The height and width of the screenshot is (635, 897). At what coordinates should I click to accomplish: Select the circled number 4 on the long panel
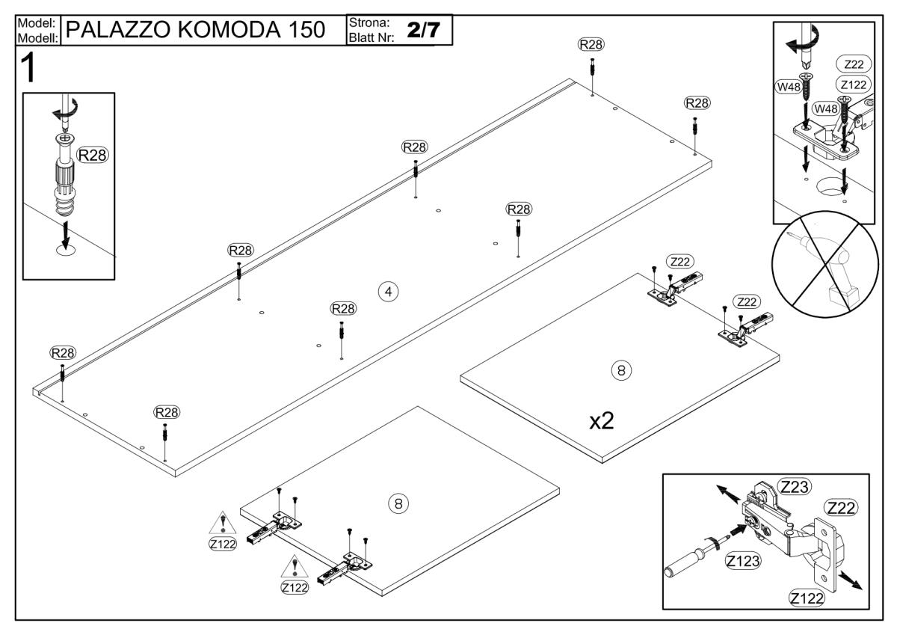387,291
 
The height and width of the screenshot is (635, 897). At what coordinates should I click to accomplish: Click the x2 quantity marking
602,421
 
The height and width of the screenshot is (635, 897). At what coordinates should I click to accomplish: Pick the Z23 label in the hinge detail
796,486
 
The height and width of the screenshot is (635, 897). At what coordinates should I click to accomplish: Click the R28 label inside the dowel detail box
93,155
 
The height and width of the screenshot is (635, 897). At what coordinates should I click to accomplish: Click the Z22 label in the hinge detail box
841,507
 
